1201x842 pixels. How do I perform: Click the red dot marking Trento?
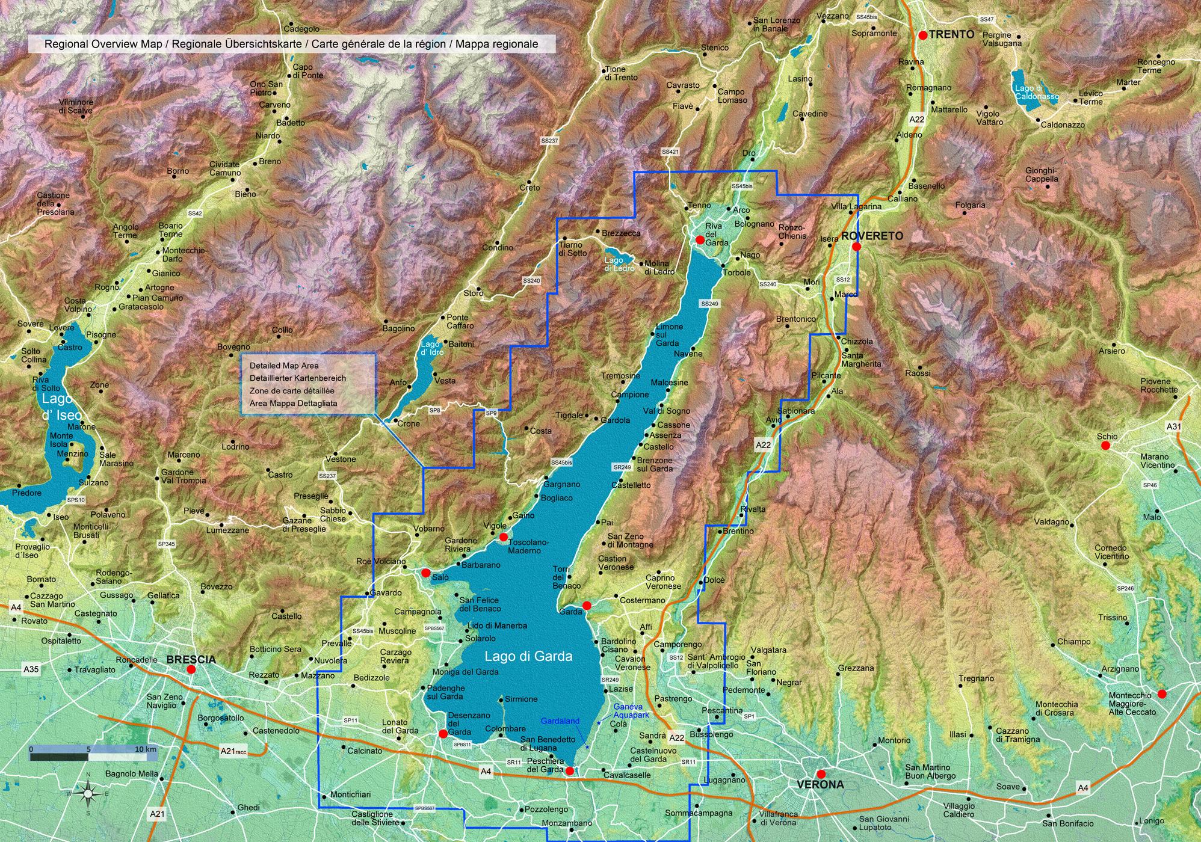pyautogui.click(x=922, y=35)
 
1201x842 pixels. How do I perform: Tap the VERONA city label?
pyautogui.click(x=820, y=784)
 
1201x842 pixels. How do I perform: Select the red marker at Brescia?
pyautogui.click(x=191, y=669)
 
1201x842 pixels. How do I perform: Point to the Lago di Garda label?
pyautogui.click(x=528, y=656)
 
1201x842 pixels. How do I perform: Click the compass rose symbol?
pyautogui.click(x=88, y=793)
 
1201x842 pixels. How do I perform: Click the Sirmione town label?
pyautogui.click(x=520, y=699)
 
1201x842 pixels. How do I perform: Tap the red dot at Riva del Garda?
pyautogui.click(x=700, y=239)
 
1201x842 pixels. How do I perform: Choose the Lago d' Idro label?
pyautogui.click(x=432, y=348)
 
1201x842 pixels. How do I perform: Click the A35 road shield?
pyautogui.click(x=30, y=668)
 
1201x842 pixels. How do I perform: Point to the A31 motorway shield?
pyautogui.click(x=1173, y=426)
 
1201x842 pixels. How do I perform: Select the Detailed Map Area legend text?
pyautogui.click(x=284, y=365)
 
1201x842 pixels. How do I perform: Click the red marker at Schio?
pyautogui.click(x=1105, y=446)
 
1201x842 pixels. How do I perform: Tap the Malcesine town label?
pyautogui.click(x=669, y=383)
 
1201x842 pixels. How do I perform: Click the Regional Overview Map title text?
pyautogui.click(x=291, y=44)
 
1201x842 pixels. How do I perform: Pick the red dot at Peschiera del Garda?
pyautogui.click(x=570, y=770)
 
